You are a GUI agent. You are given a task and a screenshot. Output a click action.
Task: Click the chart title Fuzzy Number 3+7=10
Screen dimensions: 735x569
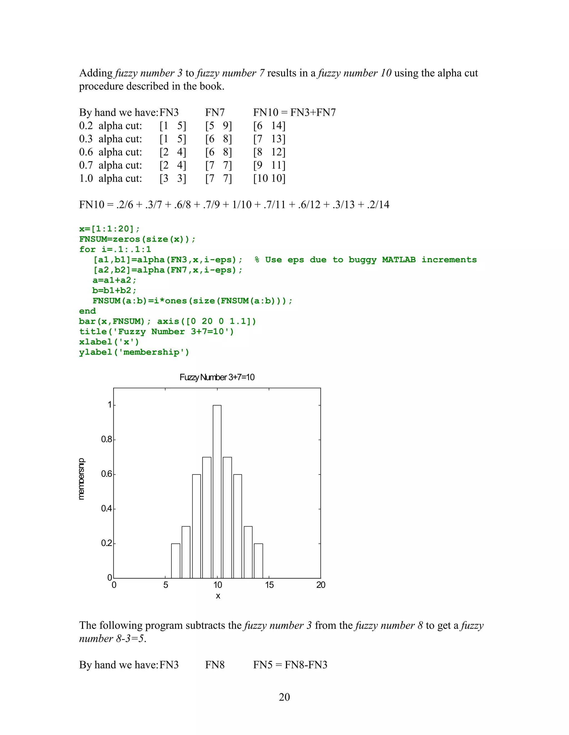(217, 377)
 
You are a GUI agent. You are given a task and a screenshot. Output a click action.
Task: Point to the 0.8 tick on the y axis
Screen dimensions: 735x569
(107, 439)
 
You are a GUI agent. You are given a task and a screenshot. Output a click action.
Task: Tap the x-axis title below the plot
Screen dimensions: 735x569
(218, 596)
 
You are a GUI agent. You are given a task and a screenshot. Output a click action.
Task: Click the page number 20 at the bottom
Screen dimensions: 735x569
(284, 697)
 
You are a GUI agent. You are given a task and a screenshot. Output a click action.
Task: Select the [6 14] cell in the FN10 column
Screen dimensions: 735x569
(269, 126)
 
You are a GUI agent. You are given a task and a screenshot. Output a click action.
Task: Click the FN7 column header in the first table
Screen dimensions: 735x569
(215, 112)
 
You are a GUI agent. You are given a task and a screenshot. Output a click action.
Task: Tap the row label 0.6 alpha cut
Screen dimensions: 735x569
(111, 152)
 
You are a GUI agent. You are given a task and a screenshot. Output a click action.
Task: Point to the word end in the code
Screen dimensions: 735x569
(88, 311)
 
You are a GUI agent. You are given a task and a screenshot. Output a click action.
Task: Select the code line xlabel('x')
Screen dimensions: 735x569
(109, 342)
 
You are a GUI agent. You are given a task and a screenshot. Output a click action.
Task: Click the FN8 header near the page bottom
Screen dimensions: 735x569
(215, 665)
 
